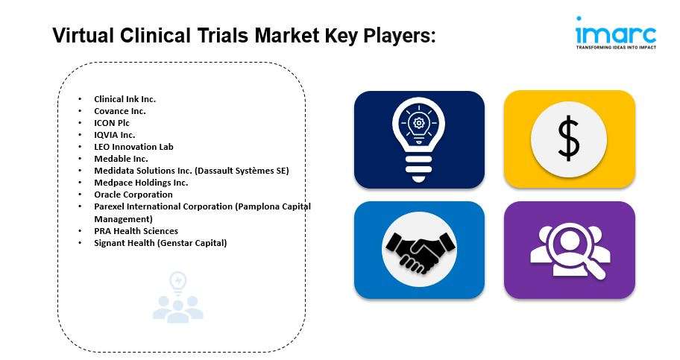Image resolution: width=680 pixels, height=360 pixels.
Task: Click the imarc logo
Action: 616,33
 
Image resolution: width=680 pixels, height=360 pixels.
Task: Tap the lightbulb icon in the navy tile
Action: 418,139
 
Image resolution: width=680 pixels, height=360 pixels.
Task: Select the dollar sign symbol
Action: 569,139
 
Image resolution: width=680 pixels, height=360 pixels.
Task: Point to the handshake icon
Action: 419,250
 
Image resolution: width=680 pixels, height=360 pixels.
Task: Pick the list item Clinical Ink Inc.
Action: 125,99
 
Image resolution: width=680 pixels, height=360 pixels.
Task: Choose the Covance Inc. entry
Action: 120,111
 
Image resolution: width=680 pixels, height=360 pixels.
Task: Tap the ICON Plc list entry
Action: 112,123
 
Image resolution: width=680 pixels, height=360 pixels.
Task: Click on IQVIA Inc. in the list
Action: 115,135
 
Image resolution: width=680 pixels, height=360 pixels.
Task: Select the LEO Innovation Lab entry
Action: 133,147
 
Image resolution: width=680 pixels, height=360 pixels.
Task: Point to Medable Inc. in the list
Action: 121,159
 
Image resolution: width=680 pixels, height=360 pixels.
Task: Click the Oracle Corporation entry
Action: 133,195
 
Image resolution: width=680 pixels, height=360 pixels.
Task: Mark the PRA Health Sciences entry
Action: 136,231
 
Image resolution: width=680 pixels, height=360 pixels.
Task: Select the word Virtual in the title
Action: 83,36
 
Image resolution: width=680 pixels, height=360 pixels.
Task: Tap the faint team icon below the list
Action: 177,297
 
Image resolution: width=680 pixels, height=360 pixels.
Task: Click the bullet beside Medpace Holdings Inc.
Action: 80,183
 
